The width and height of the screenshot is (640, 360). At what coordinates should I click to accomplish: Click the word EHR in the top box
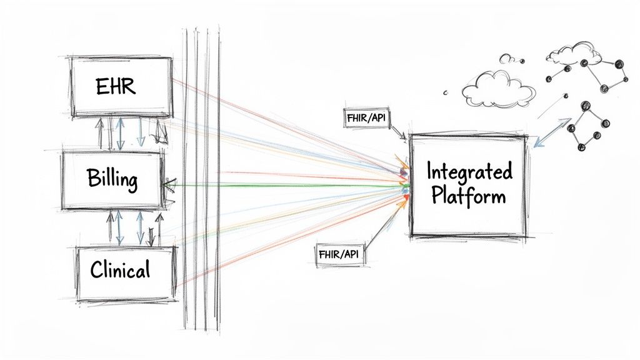tap(116, 87)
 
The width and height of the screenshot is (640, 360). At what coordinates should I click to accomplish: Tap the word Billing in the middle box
tap(112, 180)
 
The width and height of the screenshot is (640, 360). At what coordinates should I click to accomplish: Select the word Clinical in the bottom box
tap(120, 270)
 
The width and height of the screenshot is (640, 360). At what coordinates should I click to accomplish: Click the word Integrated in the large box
tap(469, 171)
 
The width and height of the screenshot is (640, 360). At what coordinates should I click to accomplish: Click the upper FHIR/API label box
tap(366, 117)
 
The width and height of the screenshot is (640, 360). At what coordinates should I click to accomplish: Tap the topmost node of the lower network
tap(586, 107)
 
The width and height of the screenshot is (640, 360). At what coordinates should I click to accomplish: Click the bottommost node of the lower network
tap(582, 147)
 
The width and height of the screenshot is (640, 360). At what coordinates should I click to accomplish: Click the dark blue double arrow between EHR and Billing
tap(120, 134)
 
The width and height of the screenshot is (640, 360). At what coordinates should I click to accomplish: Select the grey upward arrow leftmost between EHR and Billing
tap(98, 134)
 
